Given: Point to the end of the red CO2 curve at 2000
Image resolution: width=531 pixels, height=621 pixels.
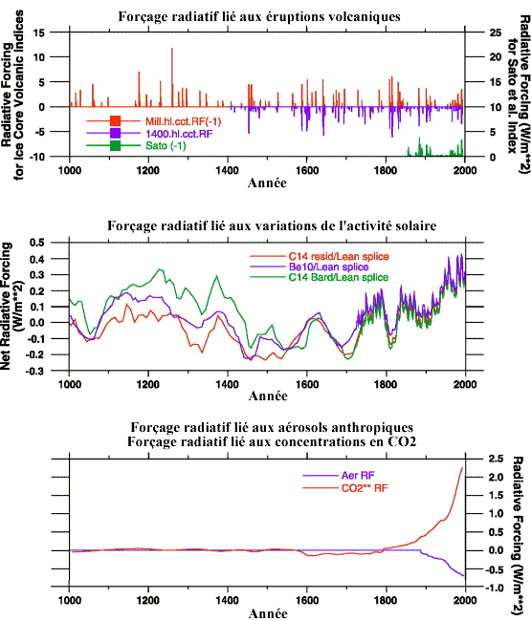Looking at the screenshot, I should click(x=464, y=467).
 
